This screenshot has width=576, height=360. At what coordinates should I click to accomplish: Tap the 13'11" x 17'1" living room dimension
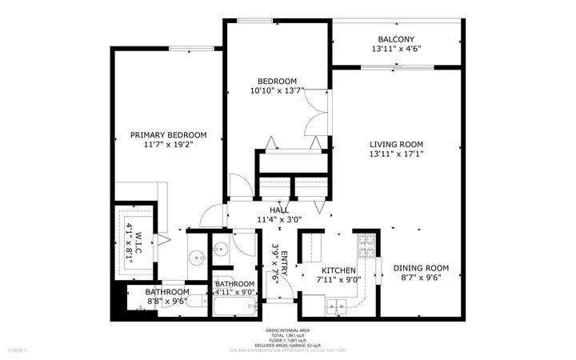tap(396, 154)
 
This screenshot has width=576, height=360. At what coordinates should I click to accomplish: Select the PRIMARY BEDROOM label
tap(169, 135)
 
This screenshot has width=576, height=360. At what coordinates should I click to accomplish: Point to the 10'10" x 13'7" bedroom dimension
tap(277, 91)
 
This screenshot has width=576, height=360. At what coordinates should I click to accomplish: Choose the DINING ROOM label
tap(421, 268)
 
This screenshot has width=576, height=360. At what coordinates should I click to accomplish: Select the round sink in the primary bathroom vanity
tap(197, 258)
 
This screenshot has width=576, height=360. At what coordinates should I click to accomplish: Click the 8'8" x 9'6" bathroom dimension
tap(167, 302)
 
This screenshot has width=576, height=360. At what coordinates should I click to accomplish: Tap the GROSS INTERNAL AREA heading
tap(287, 330)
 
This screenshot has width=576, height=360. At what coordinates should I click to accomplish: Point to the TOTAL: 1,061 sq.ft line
tap(287, 335)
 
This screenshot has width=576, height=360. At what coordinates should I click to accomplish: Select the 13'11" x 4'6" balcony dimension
tap(396, 49)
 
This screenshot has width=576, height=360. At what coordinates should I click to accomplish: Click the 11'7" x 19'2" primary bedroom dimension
tap(169, 146)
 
